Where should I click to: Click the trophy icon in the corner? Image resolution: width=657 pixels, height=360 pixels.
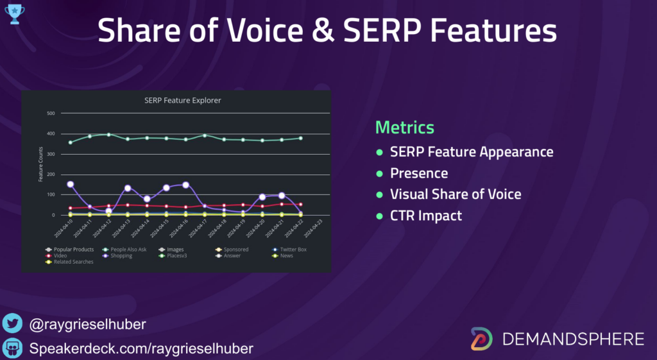pyautogui.click(x=14, y=14)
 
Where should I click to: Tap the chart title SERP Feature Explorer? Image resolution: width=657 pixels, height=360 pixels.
pyautogui.click(x=183, y=100)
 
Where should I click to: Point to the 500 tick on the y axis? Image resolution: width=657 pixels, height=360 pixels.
pyautogui.click(x=51, y=114)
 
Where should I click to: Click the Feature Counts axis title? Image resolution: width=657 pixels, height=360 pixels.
pyautogui.click(x=40, y=164)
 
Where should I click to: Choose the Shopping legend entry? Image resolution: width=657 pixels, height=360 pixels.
pyautogui.click(x=120, y=255)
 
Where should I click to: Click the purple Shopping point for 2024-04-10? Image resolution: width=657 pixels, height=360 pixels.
pyautogui.click(x=71, y=184)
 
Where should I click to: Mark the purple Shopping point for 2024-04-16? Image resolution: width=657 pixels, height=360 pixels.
pyautogui.click(x=186, y=185)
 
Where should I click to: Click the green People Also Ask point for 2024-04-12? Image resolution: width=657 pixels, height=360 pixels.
pyautogui.click(x=109, y=135)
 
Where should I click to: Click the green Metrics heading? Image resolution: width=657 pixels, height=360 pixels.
pyautogui.click(x=404, y=127)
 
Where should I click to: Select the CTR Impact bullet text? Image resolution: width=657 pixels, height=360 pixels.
pyautogui.click(x=426, y=216)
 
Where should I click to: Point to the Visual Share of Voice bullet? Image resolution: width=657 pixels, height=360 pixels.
pyautogui.click(x=456, y=194)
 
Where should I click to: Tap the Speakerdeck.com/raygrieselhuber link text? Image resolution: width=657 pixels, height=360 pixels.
pyautogui.click(x=142, y=348)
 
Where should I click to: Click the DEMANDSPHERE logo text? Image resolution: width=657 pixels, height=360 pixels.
pyautogui.click(x=573, y=339)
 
